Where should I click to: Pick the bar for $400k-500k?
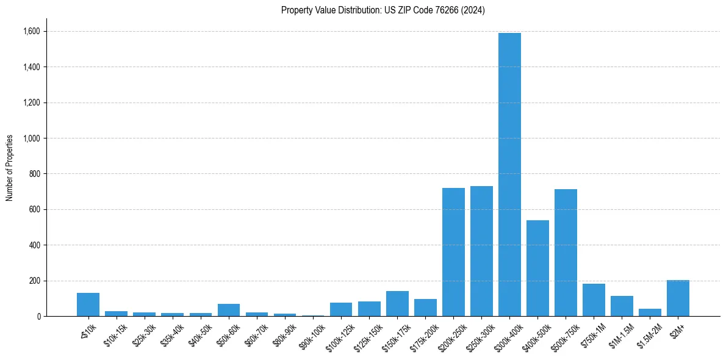537,268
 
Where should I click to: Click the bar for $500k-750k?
566,253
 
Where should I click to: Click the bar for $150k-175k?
397,303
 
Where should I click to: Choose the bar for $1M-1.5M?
622,306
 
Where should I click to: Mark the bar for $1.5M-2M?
650,312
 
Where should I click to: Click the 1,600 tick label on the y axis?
32,31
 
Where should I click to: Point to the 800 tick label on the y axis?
34,174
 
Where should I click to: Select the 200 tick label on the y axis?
34,281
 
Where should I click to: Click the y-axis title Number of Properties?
9,168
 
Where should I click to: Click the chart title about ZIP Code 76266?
383,10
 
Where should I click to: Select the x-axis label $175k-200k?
425,334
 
